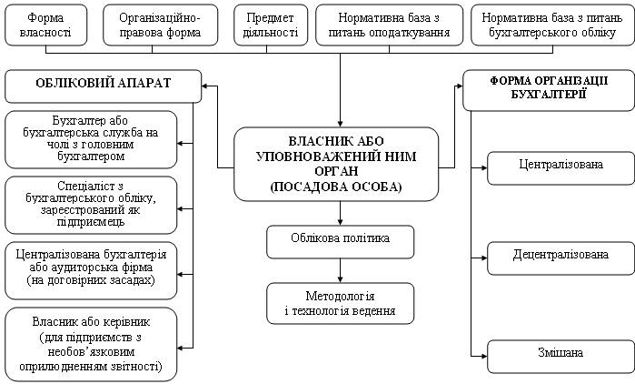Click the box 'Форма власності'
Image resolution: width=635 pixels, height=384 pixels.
point(45,25)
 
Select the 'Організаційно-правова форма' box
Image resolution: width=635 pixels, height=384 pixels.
point(161,25)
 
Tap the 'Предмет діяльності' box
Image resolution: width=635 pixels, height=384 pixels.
point(271,25)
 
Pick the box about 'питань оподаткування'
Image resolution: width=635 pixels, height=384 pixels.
point(389,25)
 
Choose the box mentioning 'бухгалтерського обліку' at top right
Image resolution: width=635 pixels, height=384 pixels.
point(553,25)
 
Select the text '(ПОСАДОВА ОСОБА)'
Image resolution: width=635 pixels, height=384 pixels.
point(336,187)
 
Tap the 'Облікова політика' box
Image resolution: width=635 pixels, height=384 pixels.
point(340,242)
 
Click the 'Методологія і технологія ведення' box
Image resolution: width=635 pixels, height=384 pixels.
point(340,303)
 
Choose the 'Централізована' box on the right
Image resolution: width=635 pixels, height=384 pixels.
point(561,168)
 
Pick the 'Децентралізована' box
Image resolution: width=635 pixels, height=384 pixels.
point(561,258)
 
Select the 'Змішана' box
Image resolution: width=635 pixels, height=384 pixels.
point(561,357)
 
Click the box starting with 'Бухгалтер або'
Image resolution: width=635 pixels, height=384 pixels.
point(91,139)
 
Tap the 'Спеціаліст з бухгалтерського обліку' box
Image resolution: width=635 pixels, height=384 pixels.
point(91,205)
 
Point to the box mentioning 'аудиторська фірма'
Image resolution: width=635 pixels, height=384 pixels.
point(91,271)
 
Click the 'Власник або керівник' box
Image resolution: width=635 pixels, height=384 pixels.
point(91,344)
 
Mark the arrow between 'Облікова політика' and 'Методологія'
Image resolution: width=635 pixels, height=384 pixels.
point(340,271)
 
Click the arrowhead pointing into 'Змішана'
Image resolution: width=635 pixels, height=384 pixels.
point(484,357)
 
